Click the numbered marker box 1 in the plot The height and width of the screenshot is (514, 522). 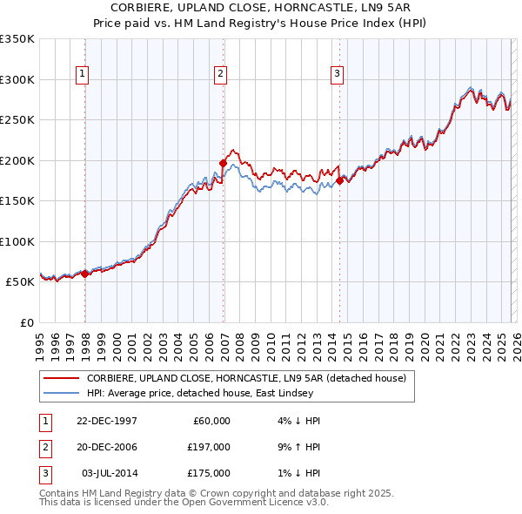click(82, 75)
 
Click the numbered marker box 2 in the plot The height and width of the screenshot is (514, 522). click(221, 75)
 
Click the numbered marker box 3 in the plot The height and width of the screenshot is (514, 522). click(336, 75)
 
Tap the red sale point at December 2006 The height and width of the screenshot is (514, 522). click(224, 163)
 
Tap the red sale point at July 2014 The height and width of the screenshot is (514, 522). click(339, 180)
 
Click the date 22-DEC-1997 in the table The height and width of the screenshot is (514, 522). click(106, 421)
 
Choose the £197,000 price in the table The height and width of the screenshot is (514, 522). click(209, 447)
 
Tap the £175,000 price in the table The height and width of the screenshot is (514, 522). click(209, 473)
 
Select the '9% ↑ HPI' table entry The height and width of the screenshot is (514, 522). click(296, 447)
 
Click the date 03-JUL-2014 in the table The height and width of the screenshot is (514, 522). click(109, 473)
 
